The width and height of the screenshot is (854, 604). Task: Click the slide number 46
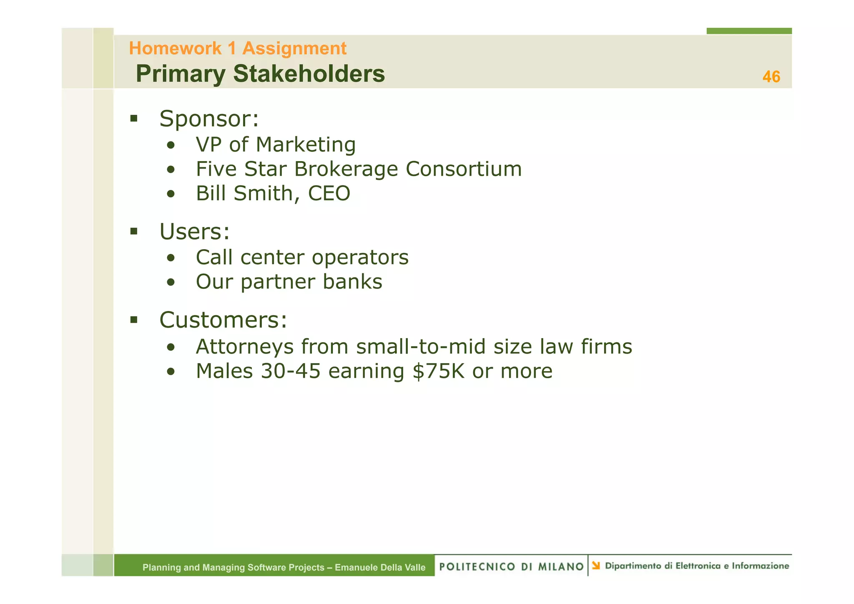point(771,77)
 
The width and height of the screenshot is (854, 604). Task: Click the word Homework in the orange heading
point(175,48)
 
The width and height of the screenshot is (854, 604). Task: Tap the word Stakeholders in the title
point(309,74)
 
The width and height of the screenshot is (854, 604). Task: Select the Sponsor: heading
point(209,119)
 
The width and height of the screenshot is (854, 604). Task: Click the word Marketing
point(306,145)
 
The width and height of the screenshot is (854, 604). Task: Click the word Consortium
point(464,169)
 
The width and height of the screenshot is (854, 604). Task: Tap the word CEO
point(329,193)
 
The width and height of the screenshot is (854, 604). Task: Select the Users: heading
point(194,232)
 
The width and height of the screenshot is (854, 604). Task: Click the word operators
point(360,257)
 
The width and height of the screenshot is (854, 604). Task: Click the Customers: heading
point(223,320)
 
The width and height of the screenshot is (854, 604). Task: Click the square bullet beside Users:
point(134,231)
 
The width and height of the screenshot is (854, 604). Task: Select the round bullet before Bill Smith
point(171,194)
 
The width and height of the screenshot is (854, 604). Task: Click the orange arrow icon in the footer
point(596,566)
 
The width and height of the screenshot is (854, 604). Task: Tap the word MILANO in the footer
point(560,566)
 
